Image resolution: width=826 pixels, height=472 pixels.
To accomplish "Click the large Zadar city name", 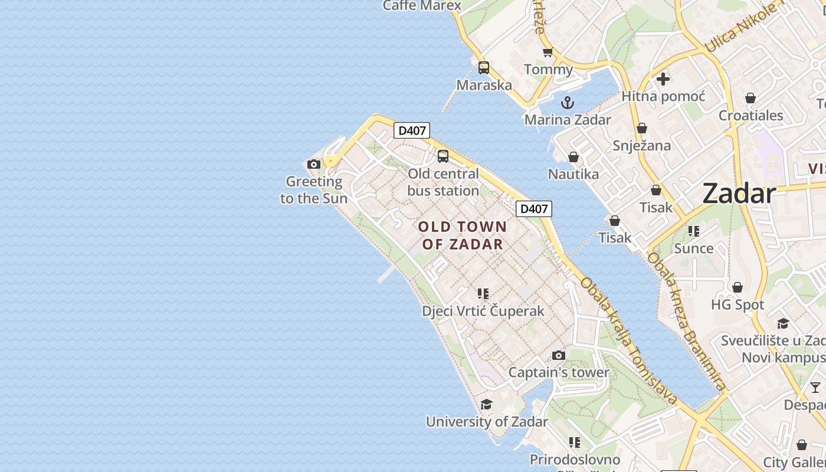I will point(739,194).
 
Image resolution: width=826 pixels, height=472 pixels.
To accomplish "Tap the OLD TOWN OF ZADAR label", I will point(463,235).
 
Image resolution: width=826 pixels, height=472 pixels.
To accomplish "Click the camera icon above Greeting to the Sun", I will point(314,164).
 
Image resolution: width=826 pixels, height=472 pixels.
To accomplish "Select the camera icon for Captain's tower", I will point(559,355).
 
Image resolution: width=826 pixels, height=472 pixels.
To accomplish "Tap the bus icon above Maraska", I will point(484,68).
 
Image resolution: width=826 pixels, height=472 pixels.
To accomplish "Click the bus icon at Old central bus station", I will point(443,156).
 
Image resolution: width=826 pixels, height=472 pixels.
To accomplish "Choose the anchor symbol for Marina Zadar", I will point(568,103).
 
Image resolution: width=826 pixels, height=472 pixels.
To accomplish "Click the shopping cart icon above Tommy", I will point(548,53).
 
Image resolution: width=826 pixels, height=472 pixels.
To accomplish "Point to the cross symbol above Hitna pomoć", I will point(663,78).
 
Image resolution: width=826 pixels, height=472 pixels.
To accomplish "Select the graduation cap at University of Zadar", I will point(486,404).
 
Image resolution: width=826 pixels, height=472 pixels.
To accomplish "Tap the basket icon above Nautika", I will point(573,157).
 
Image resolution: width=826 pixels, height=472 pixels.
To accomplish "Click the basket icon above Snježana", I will point(642,128).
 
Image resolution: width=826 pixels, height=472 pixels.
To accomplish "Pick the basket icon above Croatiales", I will point(750,97).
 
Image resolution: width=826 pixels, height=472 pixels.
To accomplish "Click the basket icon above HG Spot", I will point(737,287).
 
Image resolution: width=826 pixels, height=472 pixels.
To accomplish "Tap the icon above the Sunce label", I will point(694,231).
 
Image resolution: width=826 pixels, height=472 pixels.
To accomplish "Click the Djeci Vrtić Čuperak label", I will point(483,311).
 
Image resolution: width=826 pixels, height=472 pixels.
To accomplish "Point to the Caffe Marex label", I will point(422,6).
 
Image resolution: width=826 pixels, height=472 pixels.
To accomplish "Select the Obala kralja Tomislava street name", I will point(629,340).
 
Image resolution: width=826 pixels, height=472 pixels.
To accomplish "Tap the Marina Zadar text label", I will point(568,120).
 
